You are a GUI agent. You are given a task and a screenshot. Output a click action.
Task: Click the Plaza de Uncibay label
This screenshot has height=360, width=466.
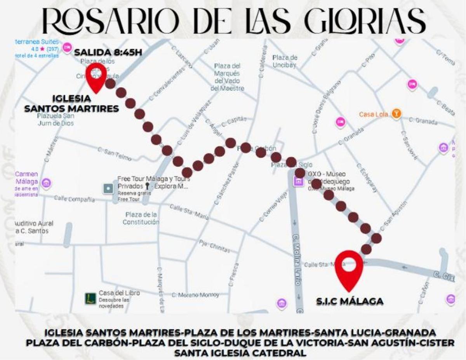click(285, 61)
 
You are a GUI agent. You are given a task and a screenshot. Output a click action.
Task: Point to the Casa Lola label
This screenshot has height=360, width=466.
click(373, 114)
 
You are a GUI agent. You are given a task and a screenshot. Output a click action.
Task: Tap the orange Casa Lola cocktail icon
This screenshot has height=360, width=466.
click(396, 113)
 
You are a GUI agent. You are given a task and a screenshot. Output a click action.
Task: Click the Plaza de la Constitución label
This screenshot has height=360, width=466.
click(141, 218)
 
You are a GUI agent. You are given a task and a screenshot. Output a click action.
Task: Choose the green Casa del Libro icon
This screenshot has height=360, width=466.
click(90, 298)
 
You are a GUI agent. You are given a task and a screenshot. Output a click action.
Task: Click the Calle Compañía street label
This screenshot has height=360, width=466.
click(74, 199)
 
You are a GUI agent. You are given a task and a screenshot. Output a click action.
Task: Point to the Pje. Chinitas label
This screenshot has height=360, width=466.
click(214, 246)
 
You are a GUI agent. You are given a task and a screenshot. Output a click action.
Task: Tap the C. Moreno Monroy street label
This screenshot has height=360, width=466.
click(195, 295)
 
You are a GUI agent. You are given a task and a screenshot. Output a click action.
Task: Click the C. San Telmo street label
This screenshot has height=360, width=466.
click(115, 154)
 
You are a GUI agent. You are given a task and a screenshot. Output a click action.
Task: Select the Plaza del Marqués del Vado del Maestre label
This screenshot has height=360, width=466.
click(227, 77)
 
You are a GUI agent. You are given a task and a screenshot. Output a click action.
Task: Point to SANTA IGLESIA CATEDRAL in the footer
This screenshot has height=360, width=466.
click(240, 353)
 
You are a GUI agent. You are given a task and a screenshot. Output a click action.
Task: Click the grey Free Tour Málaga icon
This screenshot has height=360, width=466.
click(108, 189)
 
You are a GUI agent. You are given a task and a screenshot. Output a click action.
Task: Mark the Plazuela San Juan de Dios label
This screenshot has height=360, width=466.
click(56, 120)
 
